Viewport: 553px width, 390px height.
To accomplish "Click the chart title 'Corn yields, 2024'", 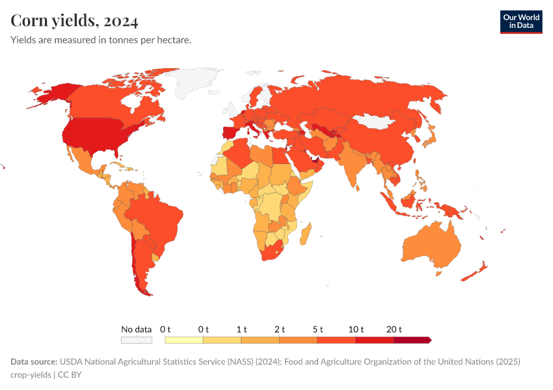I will coord(74,21).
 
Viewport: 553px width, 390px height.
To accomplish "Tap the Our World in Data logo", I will coord(520,21).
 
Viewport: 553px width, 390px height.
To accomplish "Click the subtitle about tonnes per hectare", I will coord(101,40).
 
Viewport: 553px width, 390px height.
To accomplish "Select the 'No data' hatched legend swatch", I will coord(137,340).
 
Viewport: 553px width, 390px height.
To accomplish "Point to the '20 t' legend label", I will coord(394,330).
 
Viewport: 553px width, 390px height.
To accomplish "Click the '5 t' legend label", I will coord(318,330).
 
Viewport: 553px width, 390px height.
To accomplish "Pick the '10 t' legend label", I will coord(356,330).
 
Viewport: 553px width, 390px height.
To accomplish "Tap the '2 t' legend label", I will coord(280,330).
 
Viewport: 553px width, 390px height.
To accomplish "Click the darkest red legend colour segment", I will coord(412,340).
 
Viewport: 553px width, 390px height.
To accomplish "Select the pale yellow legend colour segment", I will coord(184,340).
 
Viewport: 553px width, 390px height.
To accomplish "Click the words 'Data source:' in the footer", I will coord(34,361).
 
